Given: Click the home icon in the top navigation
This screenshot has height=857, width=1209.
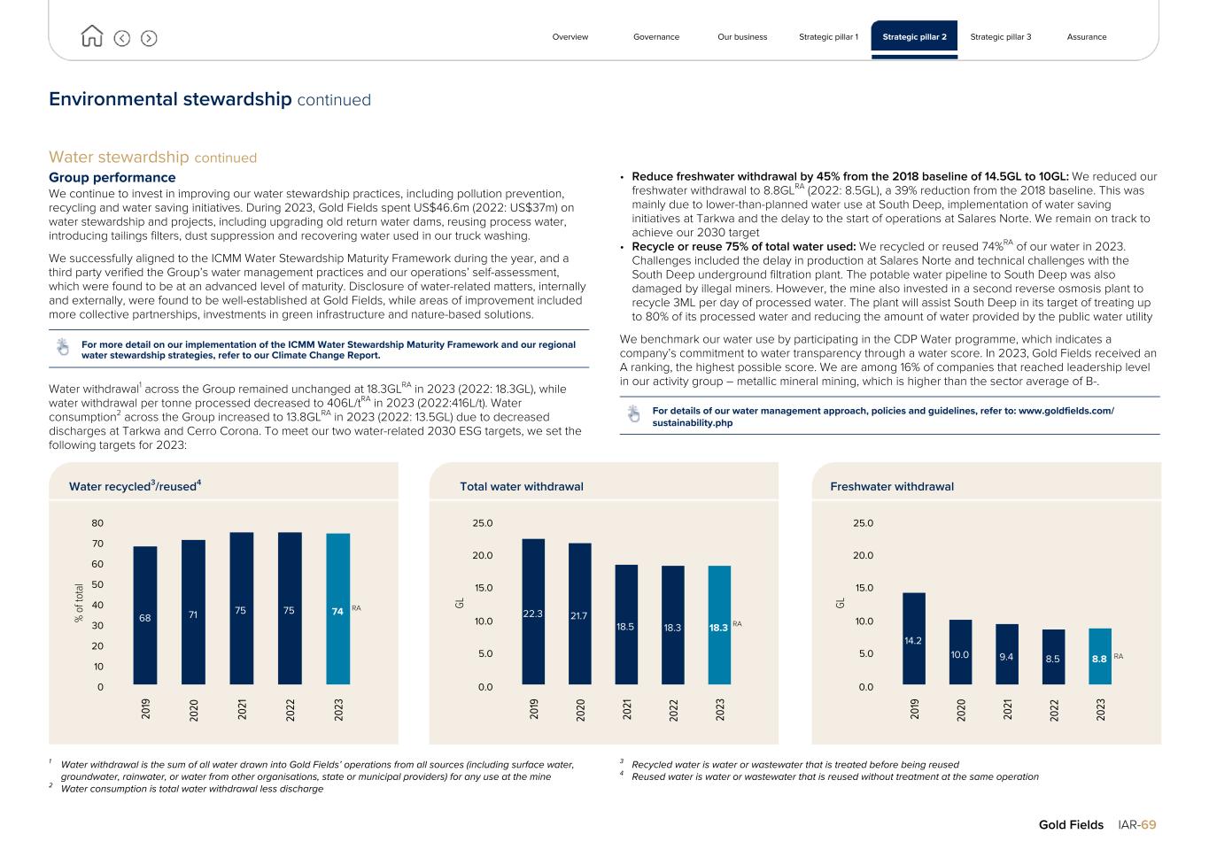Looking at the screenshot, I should [91, 36].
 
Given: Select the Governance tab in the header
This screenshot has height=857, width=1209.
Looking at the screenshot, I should [656, 37].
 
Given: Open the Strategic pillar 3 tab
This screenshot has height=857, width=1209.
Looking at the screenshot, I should [1000, 37].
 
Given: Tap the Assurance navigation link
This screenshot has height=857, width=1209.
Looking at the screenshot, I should [1086, 37].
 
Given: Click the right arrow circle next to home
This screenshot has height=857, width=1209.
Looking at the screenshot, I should [149, 38].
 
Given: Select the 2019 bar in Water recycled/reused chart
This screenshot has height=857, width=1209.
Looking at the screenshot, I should [145, 615].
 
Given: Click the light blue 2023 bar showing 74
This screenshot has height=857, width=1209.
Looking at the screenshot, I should [337, 609].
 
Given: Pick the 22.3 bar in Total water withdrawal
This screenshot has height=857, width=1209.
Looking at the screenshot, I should [533, 612].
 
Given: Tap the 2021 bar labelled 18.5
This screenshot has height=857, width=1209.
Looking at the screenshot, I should [626, 624].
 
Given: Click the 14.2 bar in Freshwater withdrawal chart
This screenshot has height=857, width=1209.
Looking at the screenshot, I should [913, 638].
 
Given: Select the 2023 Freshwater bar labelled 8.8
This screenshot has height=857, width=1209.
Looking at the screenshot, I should [1099, 656].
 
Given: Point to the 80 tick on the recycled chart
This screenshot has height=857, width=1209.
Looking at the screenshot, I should [97, 523].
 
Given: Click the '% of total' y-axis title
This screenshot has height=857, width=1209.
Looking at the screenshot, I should [80, 603].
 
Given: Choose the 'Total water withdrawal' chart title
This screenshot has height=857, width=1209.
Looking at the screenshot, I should [522, 486].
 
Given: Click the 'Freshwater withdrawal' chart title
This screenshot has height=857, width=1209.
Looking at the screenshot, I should [892, 486].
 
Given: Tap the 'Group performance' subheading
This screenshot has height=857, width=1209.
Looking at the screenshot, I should [112, 177].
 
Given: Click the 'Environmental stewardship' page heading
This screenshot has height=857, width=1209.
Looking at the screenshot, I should [170, 99].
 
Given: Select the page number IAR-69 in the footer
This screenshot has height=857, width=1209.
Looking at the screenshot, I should [1136, 824].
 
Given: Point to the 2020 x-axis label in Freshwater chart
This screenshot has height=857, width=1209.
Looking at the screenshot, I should [961, 709].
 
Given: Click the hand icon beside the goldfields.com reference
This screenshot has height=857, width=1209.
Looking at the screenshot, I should [633, 413].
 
